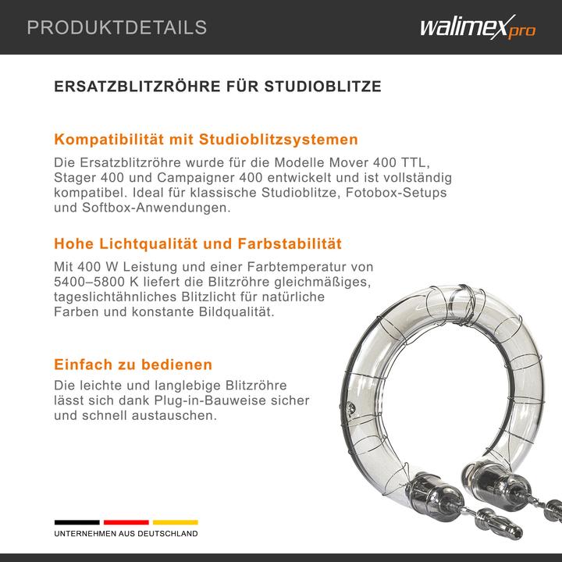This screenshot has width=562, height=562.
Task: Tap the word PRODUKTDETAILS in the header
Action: point(117,28)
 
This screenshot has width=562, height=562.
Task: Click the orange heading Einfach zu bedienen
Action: point(133,365)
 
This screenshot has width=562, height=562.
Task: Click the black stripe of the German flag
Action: point(76,522)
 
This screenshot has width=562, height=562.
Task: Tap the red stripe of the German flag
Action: point(126,522)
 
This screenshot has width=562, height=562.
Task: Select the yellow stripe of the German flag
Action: point(175,522)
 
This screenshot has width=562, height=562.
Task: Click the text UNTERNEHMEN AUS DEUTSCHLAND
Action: point(126,534)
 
